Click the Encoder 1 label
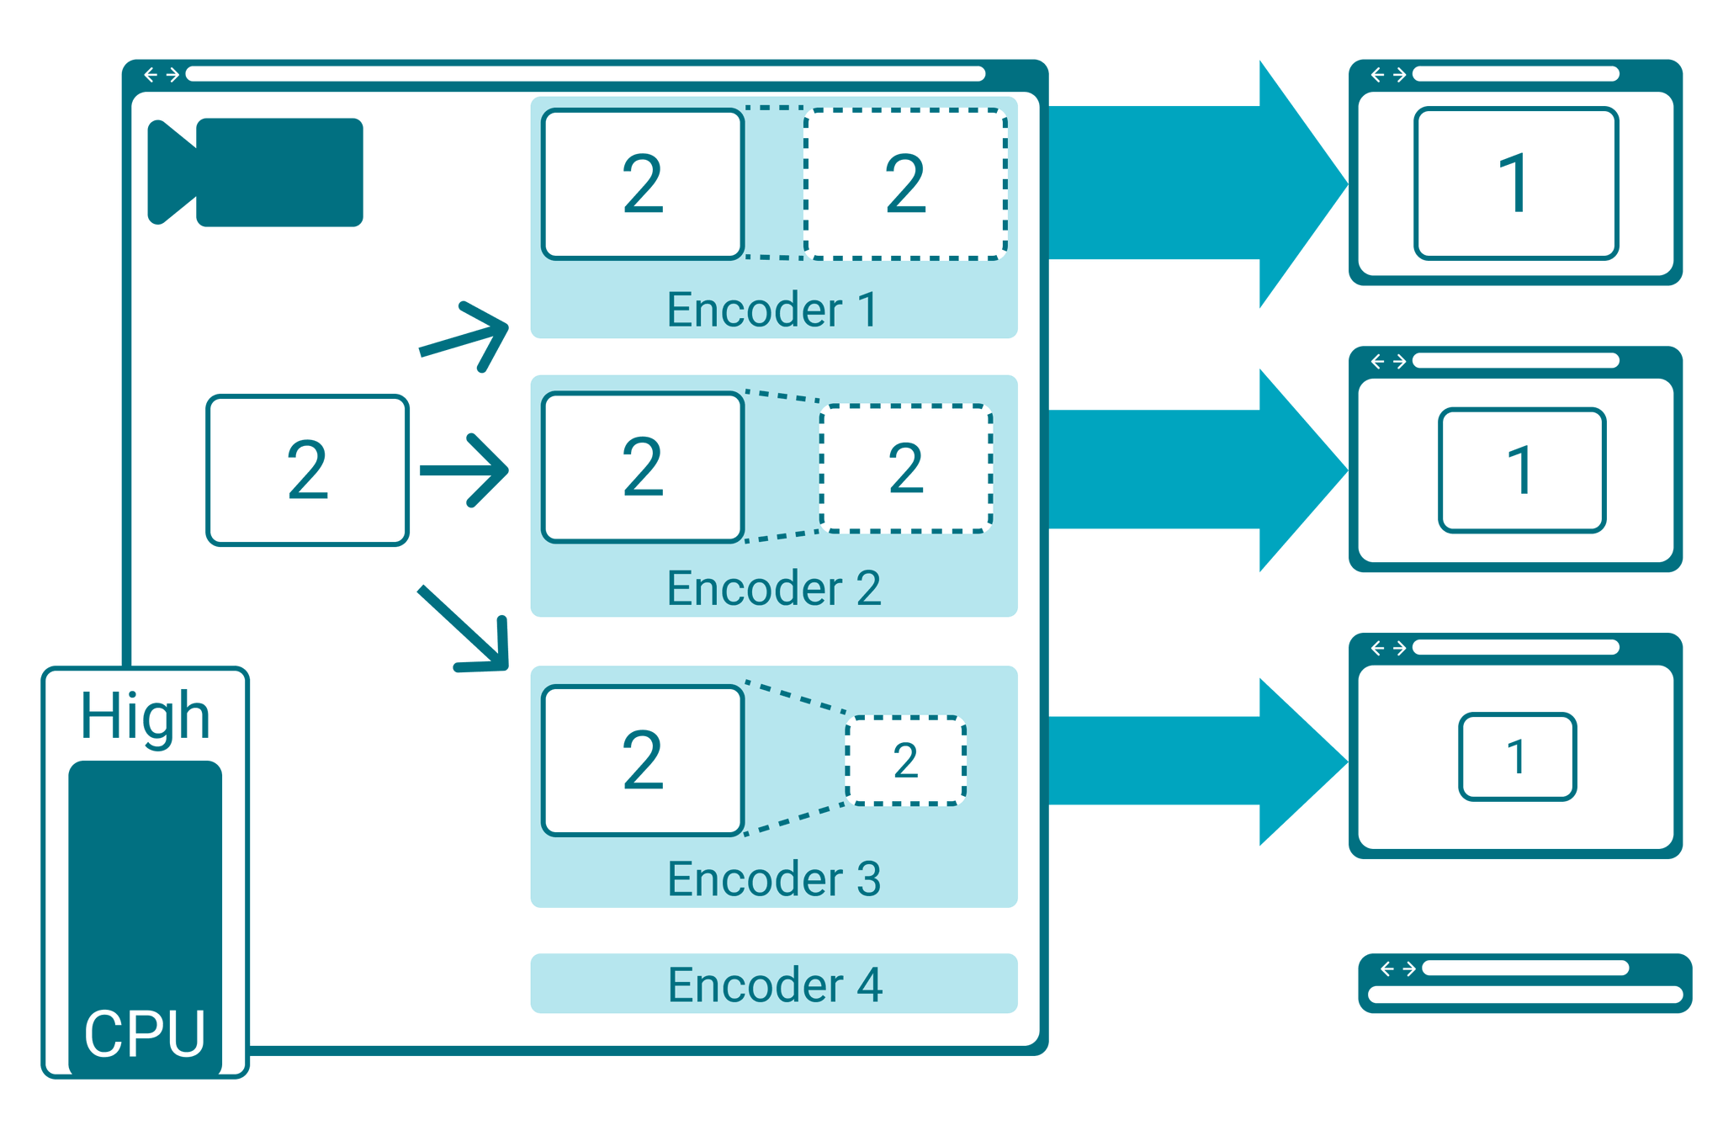(x=772, y=310)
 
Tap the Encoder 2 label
(x=772, y=587)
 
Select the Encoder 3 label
(x=772, y=878)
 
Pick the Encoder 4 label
(x=772, y=984)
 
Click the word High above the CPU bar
(x=145, y=716)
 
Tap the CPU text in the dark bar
(x=145, y=1033)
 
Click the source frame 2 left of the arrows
(x=307, y=470)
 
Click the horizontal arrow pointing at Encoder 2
(x=465, y=470)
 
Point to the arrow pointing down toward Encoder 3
(x=468, y=631)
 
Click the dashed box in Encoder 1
(x=905, y=183)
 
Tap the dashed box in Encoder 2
(x=905, y=469)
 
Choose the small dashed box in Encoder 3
(x=905, y=761)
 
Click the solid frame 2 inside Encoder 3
(x=643, y=761)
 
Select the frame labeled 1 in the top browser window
(x=1515, y=183)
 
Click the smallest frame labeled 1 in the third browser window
(x=1517, y=756)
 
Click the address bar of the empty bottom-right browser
(x=1524, y=968)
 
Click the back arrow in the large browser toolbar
(x=151, y=75)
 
